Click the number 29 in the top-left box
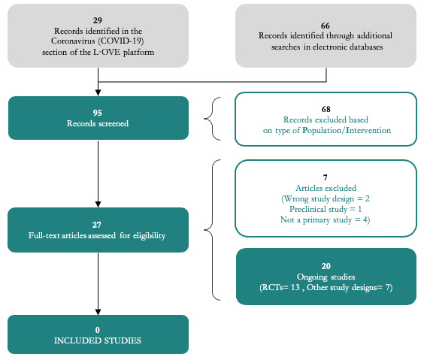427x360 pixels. [98, 20]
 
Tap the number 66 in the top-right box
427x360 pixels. [326, 26]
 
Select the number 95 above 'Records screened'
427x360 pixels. [98, 113]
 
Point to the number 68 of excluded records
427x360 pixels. [326, 109]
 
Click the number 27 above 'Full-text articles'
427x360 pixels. [97, 225]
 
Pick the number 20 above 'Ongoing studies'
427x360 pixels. [326, 266]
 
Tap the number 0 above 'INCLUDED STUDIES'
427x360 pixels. [98, 330]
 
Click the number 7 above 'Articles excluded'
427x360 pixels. [326, 177]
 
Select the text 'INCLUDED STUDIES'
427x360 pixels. [98, 340]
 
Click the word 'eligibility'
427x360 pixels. [149, 236]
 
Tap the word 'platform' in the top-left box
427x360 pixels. [138, 53]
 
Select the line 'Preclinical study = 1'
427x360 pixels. [326, 209]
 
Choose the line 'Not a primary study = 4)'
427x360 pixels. [326, 219]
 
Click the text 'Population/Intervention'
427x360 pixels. [347, 131]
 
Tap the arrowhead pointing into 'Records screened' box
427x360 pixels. [98, 92]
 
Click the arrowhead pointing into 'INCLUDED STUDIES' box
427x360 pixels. [98, 312]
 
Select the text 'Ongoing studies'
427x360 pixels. [326, 277]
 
